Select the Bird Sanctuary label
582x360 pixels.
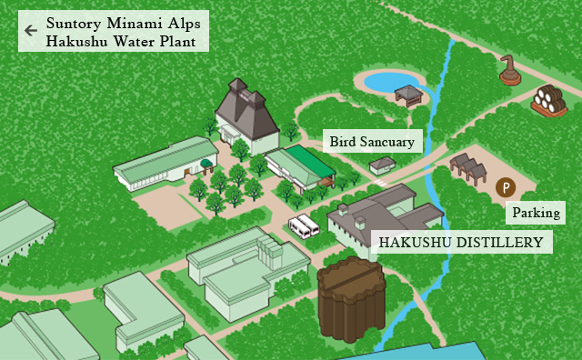click(x=372, y=141)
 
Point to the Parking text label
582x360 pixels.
click(x=537, y=214)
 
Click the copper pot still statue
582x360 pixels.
click(x=509, y=70)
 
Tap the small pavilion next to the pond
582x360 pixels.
click(x=409, y=94)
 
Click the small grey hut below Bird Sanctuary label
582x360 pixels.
click(x=383, y=165)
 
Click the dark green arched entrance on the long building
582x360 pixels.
click(x=206, y=165)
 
